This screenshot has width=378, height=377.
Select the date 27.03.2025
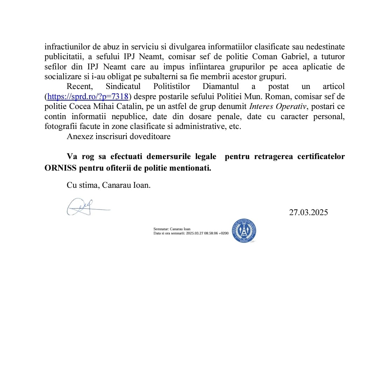pyautogui.click(x=308, y=212)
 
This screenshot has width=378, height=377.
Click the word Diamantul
pyautogui.click(x=220, y=87)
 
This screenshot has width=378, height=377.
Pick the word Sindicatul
pyautogui.click(x=123, y=87)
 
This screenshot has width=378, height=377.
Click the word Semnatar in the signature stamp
pyautogui.click(x=161, y=229)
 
